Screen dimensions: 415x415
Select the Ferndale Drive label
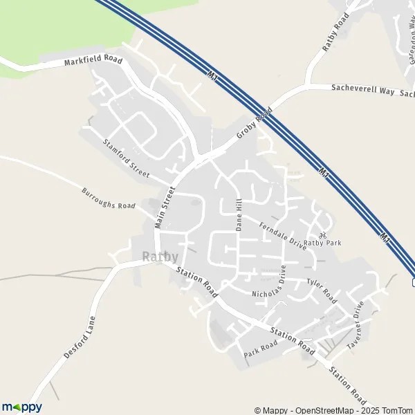click(x=282, y=235)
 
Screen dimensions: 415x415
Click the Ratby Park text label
click(x=322, y=243)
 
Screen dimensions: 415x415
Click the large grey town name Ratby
click(x=160, y=257)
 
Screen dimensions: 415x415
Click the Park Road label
click(x=261, y=349)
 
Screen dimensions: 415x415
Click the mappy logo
click(x=21, y=407)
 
